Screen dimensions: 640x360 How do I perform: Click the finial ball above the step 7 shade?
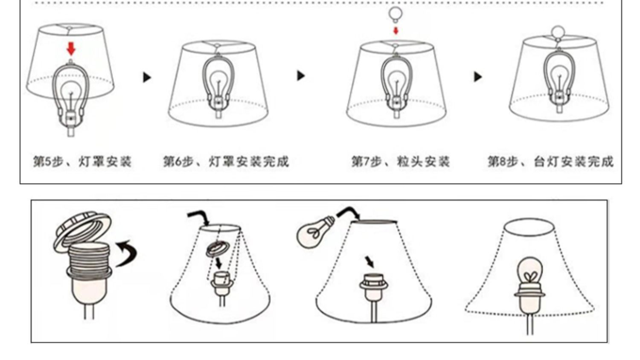pyautogui.click(x=396, y=14)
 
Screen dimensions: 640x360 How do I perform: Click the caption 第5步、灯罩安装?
pyautogui.click(x=82, y=162)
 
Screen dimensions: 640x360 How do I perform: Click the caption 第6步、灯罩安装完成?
pyautogui.click(x=226, y=162)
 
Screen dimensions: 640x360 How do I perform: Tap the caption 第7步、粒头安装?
pyautogui.click(x=400, y=162)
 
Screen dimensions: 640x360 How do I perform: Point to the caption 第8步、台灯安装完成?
pyautogui.click(x=550, y=162)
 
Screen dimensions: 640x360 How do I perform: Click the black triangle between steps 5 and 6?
pyautogui.click(x=147, y=77)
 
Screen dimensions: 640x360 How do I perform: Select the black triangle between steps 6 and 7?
pyautogui.click(x=301, y=75)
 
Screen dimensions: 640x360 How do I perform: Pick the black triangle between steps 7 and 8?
pyautogui.click(x=478, y=77)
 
